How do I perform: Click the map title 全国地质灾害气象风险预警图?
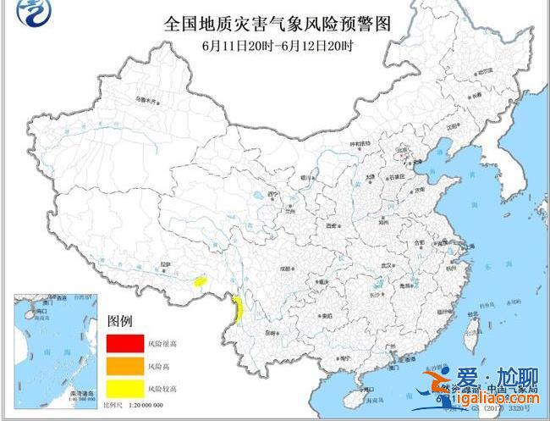276,25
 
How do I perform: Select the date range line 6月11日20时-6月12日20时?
276,46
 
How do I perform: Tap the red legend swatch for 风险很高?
124,343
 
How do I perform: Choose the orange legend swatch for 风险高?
124,366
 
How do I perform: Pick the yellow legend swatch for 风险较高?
124,389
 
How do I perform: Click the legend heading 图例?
120,322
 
